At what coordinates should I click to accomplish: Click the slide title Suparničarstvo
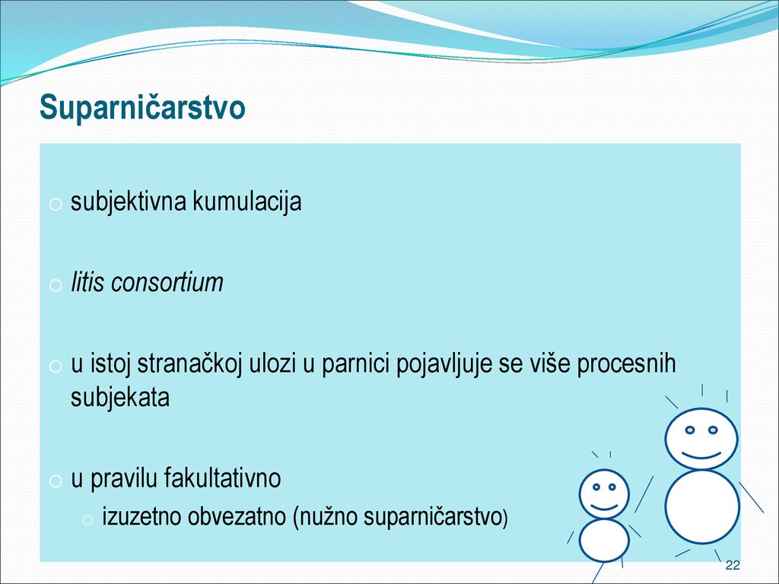(142, 108)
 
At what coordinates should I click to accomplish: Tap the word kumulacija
(247, 202)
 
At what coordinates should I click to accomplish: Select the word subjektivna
(129, 202)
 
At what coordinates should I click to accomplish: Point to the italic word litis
(87, 282)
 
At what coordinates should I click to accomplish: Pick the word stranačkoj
(189, 364)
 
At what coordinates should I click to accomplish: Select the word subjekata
(120, 397)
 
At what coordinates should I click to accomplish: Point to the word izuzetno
(142, 517)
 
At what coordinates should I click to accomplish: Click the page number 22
(733, 565)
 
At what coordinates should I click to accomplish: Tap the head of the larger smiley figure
(701, 439)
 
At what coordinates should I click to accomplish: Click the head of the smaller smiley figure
(604, 494)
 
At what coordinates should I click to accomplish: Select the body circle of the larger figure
(702, 506)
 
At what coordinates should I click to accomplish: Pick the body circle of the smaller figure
(604, 541)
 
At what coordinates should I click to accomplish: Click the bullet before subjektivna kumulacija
(55, 204)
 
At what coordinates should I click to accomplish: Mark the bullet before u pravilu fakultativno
(55, 481)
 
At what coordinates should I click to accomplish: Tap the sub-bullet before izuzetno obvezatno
(87, 520)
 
